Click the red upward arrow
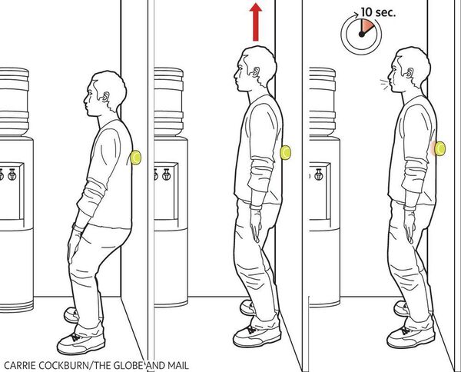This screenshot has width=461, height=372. click(256, 22)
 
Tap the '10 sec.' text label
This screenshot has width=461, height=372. click(378, 12)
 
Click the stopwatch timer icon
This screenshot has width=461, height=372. click(361, 35)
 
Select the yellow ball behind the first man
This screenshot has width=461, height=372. click(136, 158)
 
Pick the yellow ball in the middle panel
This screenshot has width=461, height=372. click(285, 153)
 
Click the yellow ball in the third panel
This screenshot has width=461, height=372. click(439, 148)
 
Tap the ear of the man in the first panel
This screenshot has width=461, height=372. click(104, 97)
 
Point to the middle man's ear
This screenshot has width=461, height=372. click(256, 71)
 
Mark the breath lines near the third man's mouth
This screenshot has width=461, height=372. click(383, 84)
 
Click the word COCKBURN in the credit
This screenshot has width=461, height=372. click(64, 366)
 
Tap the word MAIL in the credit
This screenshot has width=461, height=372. click(178, 366)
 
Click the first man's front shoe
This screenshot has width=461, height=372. click(81, 342)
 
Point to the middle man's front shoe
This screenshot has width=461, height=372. click(257, 335)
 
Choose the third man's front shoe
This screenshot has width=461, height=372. click(411, 336)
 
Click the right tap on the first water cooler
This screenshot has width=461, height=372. click(12, 174)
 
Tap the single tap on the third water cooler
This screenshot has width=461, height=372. click(319, 174)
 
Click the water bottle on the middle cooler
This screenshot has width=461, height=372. click(168, 101)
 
